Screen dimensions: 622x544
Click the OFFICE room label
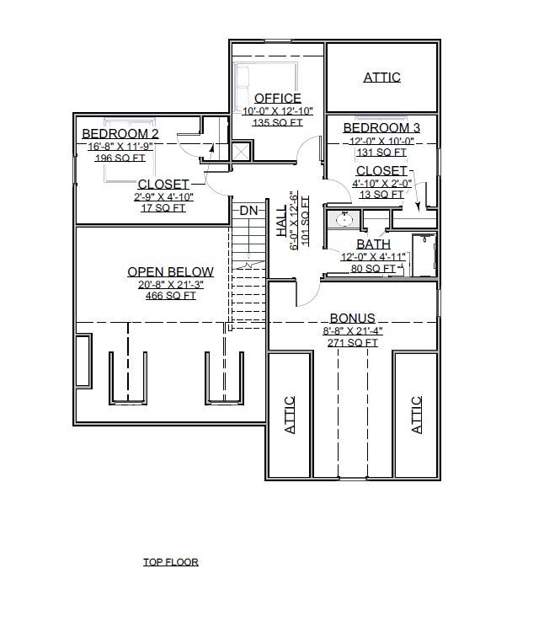click(x=277, y=99)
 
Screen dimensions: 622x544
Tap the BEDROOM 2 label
click(x=120, y=133)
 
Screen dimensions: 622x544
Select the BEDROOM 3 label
click(x=381, y=128)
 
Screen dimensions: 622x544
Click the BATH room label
click(x=372, y=245)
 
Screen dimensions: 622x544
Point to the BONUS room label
click(x=352, y=319)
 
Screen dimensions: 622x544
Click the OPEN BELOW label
click(x=170, y=272)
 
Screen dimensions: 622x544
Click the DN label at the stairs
click(x=248, y=210)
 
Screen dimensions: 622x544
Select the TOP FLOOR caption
click(x=171, y=562)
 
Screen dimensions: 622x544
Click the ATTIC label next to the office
click(x=381, y=78)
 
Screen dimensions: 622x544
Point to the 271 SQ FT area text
click(x=352, y=342)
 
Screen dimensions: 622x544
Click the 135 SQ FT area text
click(x=277, y=122)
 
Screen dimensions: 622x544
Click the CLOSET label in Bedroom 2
click(x=163, y=185)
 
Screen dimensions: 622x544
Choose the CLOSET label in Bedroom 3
click(x=381, y=171)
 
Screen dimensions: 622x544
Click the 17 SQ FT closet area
click(x=163, y=208)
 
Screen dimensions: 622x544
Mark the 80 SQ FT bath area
click(x=372, y=269)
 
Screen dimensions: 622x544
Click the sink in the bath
click(x=344, y=219)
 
